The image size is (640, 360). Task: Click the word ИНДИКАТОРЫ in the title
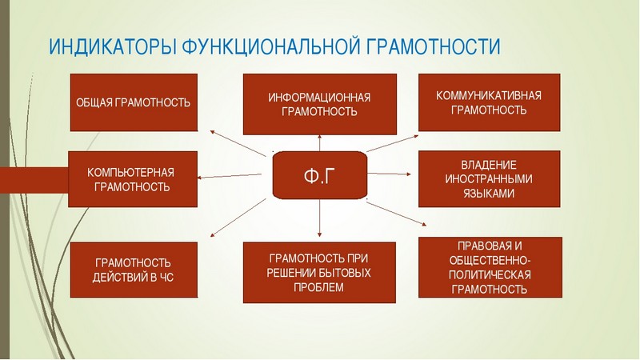(x=112, y=46)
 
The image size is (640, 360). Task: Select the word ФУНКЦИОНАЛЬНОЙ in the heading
(x=271, y=47)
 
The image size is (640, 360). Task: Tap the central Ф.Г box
(x=319, y=175)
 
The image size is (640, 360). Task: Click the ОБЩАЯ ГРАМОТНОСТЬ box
(x=134, y=102)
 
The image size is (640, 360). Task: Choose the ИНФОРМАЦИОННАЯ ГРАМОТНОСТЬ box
(x=319, y=104)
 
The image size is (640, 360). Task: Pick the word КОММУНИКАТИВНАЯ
(x=489, y=95)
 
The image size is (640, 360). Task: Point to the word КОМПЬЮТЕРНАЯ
(x=130, y=172)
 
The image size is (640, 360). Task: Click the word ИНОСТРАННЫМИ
(x=489, y=179)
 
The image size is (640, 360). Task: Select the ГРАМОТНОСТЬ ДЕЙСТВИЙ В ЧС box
(x=134, y=270)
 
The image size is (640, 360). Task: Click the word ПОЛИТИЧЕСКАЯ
(x=490, y=274)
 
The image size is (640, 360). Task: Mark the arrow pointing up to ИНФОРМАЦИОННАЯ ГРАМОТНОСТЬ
(x=319, y=143)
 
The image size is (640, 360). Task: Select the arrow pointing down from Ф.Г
(x=319, y=218)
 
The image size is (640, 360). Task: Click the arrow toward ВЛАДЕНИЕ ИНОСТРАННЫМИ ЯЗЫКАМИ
(x=390, y=174)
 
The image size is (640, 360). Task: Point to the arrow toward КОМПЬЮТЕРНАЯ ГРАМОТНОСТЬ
(x=229, y=176)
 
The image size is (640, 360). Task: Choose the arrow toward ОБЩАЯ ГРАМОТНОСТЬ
(x=238, y=143)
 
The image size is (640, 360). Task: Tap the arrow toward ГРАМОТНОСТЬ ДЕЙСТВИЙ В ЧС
(x=238, y=218)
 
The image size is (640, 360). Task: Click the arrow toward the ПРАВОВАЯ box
(x=396, y=214)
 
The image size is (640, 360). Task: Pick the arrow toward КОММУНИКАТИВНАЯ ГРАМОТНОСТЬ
(x=393, y=143)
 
